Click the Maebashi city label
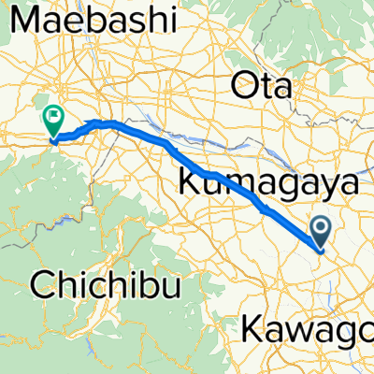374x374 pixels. pyautogui.click(x=98, y=19)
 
